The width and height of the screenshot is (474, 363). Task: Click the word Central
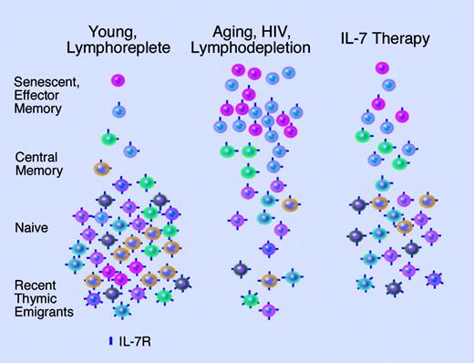click(x=36, y=157)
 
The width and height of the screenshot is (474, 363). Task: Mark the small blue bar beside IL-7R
click(x=110, y=342)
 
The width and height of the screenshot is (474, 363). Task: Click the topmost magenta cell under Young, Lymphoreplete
click(x=118, y=81)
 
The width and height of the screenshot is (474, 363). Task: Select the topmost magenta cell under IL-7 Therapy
click(x=376, y=67)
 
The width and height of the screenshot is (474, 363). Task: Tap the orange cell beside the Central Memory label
click(x=101, y=168)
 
